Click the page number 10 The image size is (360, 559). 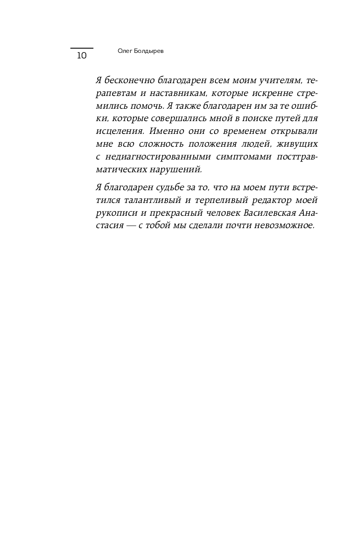pos(81,56)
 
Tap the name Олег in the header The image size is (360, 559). pos(125,51)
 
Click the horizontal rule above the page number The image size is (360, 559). pos(81,48)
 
